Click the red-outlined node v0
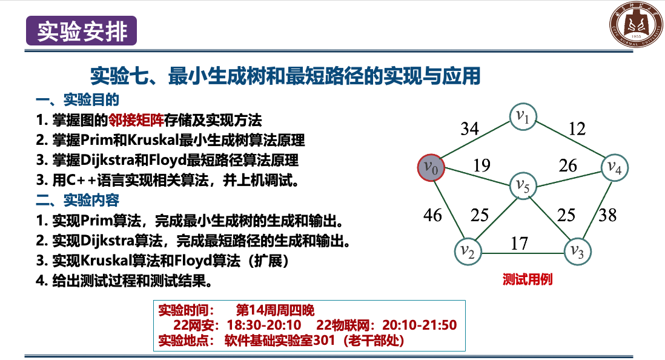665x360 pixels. point(431,167)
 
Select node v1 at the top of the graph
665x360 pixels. point(523,116)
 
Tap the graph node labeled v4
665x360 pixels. point(615,167)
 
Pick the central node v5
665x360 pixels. point(523,186)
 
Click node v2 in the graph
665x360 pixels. point(468,252)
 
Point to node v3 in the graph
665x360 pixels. point(578,252)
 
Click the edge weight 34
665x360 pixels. point(469,128)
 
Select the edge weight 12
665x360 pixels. point(577,128)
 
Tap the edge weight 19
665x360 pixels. point(481,165)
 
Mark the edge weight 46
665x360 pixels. point(432,215)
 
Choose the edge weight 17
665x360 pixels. point(520,244)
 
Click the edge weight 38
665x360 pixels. point(607,215)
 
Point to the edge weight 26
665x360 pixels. point(568,165)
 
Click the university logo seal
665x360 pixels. point(636,24)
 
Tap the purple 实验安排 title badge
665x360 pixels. point(81,30)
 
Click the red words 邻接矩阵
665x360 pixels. point(136,120)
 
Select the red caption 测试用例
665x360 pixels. point(528,279)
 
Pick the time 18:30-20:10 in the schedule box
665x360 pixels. point(264,325)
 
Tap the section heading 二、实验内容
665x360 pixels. point(77,200)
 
